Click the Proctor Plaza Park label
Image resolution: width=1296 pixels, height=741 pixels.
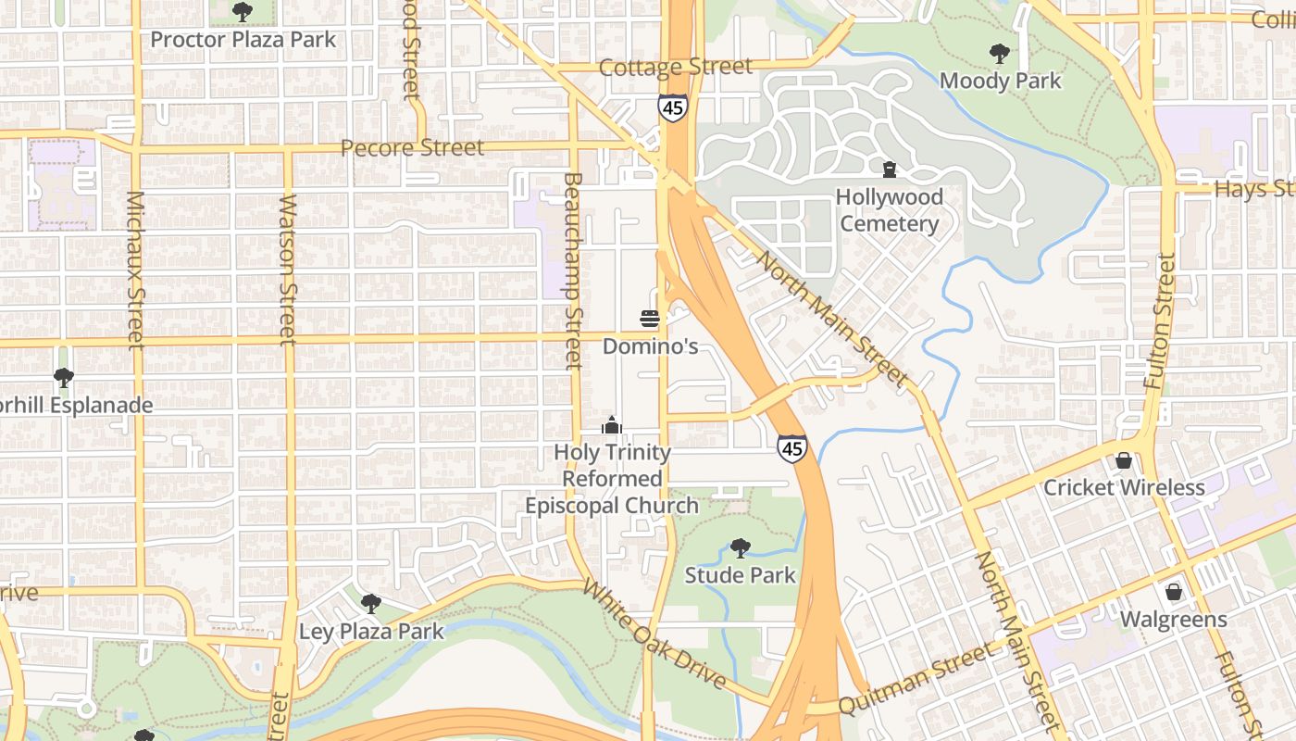tap(243, 40)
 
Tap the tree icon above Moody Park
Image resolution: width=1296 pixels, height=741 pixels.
tap(1000, 53)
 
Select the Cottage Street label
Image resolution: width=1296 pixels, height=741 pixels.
tap(675, 67)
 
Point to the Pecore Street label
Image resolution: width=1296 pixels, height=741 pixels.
tap(412, 147)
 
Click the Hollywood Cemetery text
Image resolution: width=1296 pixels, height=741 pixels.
tap(889, 210)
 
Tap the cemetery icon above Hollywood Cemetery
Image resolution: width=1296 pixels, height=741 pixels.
tap(890, 169)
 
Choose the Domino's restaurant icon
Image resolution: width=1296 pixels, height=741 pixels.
tap(650, 319)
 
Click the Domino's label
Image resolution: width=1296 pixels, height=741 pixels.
tap(650, 346)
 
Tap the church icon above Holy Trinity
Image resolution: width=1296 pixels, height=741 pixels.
tap(611, 425)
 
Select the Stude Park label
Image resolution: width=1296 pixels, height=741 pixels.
tap(740, 575)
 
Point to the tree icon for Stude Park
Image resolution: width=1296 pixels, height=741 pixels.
tap(740, 547)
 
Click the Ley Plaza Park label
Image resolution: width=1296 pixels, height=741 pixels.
tap(371, 632)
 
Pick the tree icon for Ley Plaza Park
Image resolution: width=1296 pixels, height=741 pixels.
tap(370, 604)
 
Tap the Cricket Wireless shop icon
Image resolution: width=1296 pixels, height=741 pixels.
tap(1124, 460)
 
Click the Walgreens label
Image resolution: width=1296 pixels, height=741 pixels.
tap(1173, 619)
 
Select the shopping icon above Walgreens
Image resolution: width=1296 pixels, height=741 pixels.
tap(1173, 591)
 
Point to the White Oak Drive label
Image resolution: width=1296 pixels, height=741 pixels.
tap(654, 635)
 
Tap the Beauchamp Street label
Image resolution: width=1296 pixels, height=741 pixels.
tap(573, 270)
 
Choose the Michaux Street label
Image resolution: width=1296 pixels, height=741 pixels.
tap(135, 270)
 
